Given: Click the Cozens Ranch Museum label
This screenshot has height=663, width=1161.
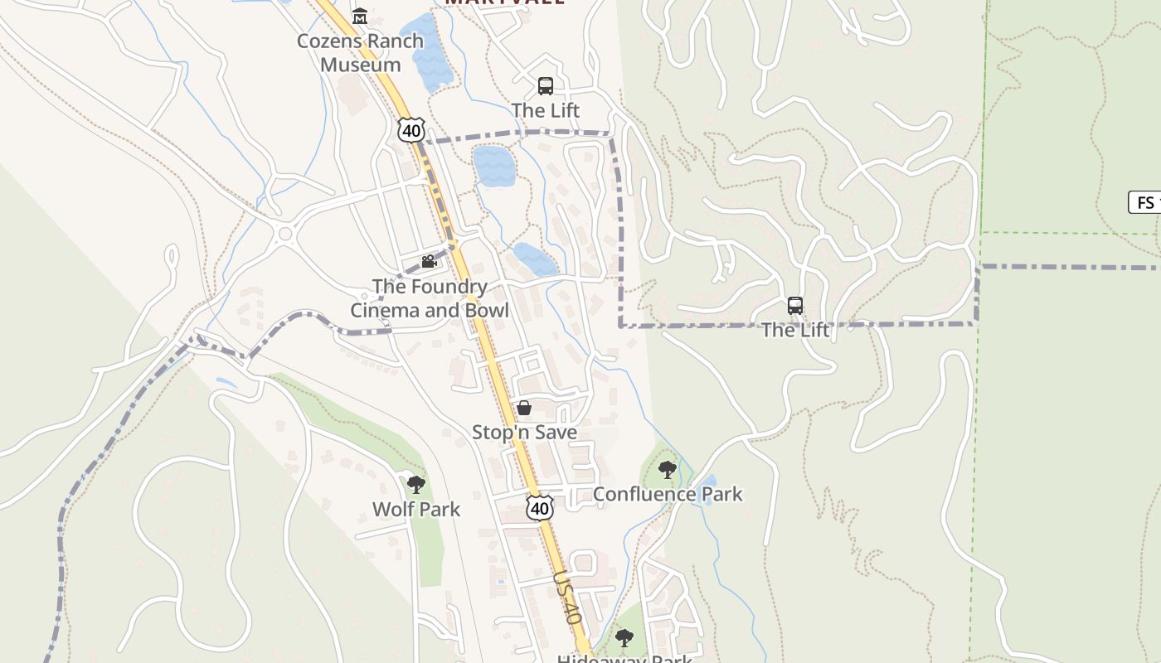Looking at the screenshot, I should [360, 52].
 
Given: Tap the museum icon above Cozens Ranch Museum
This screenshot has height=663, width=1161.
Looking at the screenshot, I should [360, 16].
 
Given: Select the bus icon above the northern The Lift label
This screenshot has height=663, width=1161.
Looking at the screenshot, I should [546, 85].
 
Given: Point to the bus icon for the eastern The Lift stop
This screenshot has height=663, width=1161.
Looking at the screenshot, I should [795, 306].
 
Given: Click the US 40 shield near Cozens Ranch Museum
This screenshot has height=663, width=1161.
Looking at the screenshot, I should [410, 129].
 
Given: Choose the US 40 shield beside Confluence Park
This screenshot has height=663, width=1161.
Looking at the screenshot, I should [540, 507].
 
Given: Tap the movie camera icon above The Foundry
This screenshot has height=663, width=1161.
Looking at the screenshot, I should [429, 262].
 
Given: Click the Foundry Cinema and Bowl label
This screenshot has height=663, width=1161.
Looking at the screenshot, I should [429, 298].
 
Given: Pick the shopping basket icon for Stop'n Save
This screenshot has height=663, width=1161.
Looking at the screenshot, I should [524, 408].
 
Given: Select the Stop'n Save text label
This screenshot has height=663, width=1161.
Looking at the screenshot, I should [524, 432].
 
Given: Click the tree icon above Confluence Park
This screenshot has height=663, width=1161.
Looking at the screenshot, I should [668, 471].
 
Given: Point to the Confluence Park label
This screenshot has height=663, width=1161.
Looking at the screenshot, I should [668, 494].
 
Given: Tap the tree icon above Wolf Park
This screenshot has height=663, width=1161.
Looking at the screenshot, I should [416, 485].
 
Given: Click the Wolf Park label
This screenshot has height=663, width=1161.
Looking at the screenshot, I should [416, 509].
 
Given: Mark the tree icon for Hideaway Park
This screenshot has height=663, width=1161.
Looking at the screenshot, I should [624, 638].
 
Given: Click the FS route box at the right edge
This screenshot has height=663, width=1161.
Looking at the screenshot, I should [1145, 202].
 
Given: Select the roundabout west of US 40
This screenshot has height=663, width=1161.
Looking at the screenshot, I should [286, 234].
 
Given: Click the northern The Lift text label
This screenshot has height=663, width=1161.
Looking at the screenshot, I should [546, 110].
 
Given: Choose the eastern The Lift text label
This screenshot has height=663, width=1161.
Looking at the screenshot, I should [795, 330].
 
